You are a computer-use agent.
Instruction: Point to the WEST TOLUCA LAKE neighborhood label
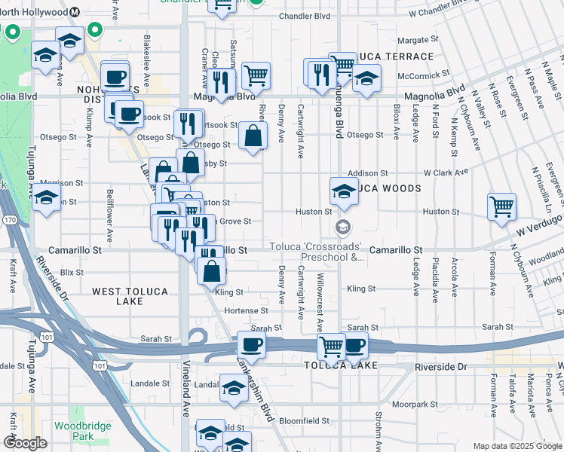coord(127,296)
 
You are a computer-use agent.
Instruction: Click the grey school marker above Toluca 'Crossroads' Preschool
coord(343,227)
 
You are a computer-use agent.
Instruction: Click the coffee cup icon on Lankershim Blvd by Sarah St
coord(251,345)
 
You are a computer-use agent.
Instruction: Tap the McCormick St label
coord(423,75)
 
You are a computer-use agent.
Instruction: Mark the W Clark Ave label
coord(446,173)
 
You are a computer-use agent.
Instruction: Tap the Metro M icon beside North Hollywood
coord(75,12)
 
